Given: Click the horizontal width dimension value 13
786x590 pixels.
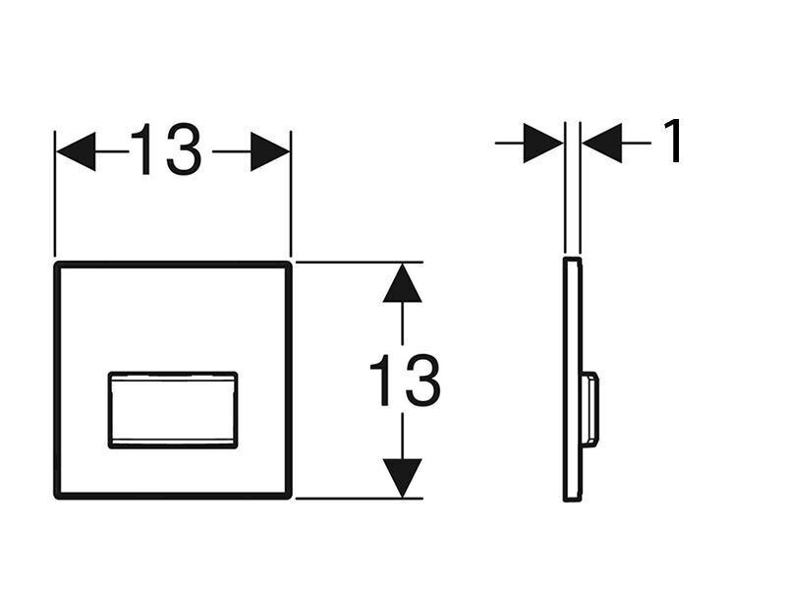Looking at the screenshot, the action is [x=166, y=149].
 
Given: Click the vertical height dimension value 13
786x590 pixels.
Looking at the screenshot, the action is [x=405, y=380].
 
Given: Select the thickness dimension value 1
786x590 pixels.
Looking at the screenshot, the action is [x=673, y=141].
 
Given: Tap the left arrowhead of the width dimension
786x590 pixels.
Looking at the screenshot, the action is [x=76, y=151].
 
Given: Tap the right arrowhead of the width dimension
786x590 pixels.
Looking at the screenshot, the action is [x=270, y=151].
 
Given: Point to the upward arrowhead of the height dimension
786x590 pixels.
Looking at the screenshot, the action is [x=402, y=283].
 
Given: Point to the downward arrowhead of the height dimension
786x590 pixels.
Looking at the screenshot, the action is [x=402, y=478].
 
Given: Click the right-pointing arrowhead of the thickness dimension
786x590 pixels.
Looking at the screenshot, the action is [x=543, y=143].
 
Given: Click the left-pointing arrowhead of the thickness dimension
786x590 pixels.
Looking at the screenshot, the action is [x=602, y=143].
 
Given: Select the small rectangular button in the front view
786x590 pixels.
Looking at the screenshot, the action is [x=173, y=410].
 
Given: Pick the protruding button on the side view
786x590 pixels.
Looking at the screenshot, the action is [x=590, y=409].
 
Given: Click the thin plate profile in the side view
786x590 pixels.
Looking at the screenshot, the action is [x=573, y=380].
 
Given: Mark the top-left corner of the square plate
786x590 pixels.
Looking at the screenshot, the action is [x=57, y=264].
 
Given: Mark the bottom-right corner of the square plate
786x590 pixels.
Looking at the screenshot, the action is [x=289, y=497].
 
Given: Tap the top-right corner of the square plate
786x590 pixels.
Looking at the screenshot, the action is [x=289, y=264].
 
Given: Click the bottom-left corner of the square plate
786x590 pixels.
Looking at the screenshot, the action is [x=57, y=497].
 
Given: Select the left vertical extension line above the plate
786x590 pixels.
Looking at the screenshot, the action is [x=55, y=194].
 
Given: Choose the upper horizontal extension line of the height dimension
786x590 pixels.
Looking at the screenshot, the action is [x=360, y=262].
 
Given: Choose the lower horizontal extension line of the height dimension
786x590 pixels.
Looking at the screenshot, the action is [x=360, y=499].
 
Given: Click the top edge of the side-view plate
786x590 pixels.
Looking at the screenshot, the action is [x=572, y=259].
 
